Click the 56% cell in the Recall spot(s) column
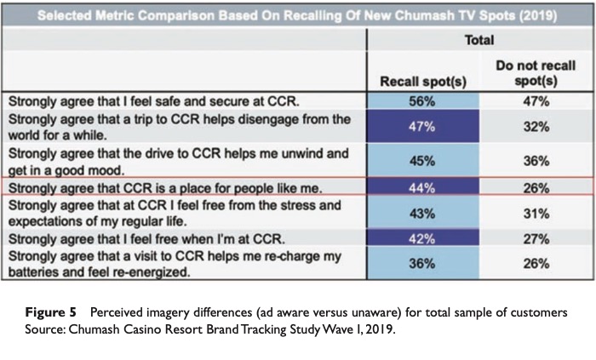coord(423,100)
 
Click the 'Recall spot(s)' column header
coord(423,82)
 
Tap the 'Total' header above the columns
coord(479,39)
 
